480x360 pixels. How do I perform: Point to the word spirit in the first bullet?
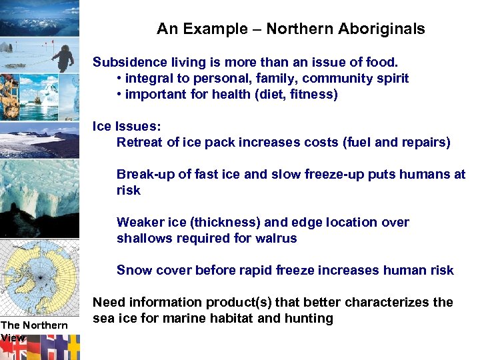pyautogui.click(x=390, y=79)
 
